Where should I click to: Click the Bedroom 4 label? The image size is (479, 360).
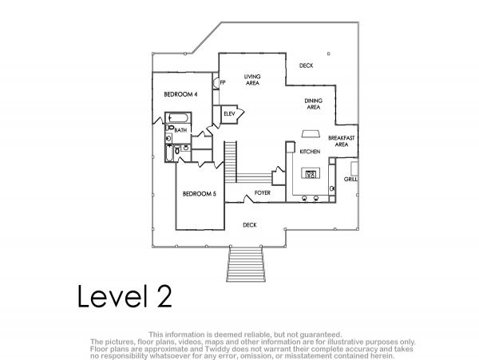[x=180, y=94]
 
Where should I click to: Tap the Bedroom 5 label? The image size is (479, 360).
[x=199, y=194]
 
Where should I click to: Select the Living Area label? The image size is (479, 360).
[x=252, y=80]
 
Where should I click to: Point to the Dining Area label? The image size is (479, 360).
[x=314, y=104]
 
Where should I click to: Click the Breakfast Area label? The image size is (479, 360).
[x=342, y=141]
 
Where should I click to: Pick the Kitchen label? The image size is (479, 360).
[x=310, y=152]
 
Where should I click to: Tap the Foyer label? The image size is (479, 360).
[x=263, y=193]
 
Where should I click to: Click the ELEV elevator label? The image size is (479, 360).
[x=229, y=114]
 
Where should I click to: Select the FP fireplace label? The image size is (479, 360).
[x=223, y=82]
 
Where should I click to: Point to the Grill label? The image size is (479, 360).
[x=350, y=180]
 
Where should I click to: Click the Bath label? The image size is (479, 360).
[x=180, y=130]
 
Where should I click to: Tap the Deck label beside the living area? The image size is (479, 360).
[x=306, y=65]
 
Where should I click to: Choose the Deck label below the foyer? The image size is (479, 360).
[x=250, y=225]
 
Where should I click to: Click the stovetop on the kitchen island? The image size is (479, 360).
[x=311, y=174]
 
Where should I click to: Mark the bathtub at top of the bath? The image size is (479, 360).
[x=178, y=118]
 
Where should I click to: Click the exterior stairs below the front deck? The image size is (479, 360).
[x=245, y=264]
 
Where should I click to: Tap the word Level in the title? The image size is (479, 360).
[x=110, y=296]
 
